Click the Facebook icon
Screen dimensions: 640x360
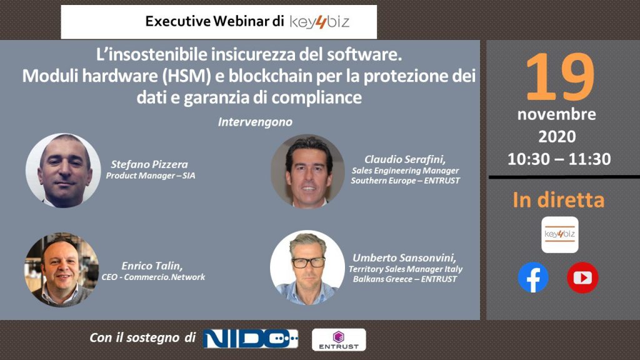pos(533,277)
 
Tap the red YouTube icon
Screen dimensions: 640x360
pos(582,277)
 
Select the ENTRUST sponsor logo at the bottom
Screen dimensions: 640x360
pos(339,339)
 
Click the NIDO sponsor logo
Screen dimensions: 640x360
pos(251,339)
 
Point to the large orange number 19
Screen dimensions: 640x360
pos(559,76)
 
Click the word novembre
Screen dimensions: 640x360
pos(557,114)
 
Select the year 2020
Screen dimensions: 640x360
pos(557,136)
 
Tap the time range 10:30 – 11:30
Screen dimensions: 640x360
pos(559,159)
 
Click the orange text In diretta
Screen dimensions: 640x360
pos(558,200)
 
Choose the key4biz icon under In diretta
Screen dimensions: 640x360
pos(559,235)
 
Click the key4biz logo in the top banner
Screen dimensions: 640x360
pos(319,22)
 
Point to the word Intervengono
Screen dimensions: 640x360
pos(255,122)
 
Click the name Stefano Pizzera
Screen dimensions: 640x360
pos(149,164)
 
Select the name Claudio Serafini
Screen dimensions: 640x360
pos(405,159)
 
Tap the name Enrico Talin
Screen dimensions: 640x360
pos(152,266)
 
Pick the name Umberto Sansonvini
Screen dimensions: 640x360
pos(404,257)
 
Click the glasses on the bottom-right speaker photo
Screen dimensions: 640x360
pos(309,262)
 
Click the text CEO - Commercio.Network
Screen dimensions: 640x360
pos(153,277)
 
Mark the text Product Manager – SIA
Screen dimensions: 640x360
pos(151,176)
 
